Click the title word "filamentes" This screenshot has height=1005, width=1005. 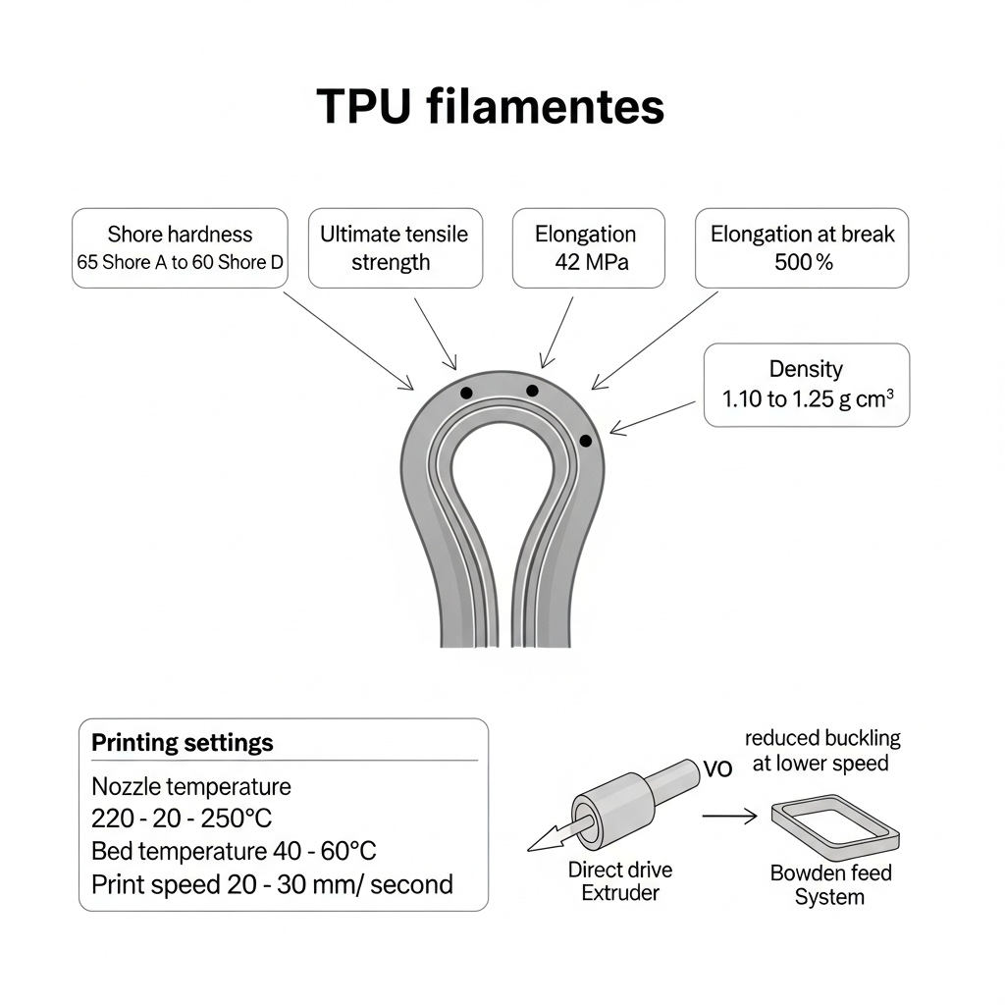(546, 107)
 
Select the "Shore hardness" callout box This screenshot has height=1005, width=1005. (181, 247)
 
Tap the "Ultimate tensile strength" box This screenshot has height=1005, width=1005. (395, 247)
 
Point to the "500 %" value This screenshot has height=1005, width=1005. (802, 262)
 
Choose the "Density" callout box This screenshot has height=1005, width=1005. (807, 384)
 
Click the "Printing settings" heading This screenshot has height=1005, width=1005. (183, 743)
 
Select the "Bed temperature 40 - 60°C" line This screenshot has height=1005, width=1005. (234, 850)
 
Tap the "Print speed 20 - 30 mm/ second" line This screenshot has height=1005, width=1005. (272, 884)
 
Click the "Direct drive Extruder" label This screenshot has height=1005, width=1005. (620, 881)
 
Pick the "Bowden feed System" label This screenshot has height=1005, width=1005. (830, 884)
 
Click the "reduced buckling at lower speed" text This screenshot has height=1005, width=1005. (821, 751)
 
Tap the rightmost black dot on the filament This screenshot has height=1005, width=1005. (586, 441)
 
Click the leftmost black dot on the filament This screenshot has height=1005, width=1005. (466, 394)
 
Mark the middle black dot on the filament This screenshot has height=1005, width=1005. (532, 391)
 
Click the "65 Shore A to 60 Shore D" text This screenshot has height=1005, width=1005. (180, 263)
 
